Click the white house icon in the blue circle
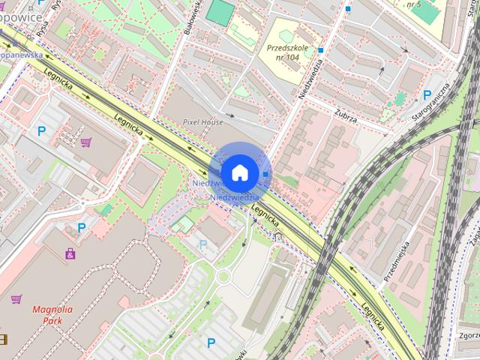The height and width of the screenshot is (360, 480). (239, 172)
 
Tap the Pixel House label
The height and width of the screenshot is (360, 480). (203, 121)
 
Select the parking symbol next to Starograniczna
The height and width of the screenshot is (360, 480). (427, 95)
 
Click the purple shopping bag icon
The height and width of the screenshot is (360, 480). (70, 253)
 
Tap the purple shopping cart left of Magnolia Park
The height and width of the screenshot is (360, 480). (16, 299)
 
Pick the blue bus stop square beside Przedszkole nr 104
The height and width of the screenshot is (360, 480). (320, 50)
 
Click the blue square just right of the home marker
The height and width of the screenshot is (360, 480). (266, 174)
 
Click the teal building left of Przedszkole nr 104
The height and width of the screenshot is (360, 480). (220, 12)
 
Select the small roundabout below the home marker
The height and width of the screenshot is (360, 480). (223, 278)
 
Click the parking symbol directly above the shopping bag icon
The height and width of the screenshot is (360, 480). (82, 227)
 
